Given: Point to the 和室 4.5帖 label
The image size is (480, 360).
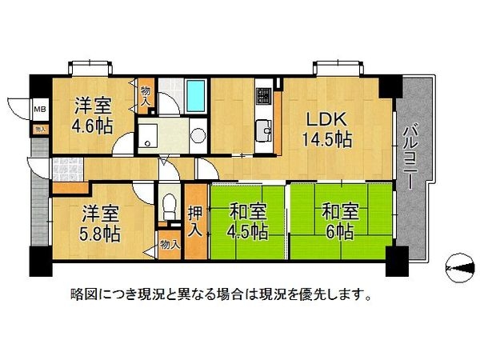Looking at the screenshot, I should coord(248,223).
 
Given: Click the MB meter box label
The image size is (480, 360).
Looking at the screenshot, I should coord(38,109).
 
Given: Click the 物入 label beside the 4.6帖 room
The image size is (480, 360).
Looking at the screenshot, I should coord(145,95).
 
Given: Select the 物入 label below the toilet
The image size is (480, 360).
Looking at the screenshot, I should coord(169,245).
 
